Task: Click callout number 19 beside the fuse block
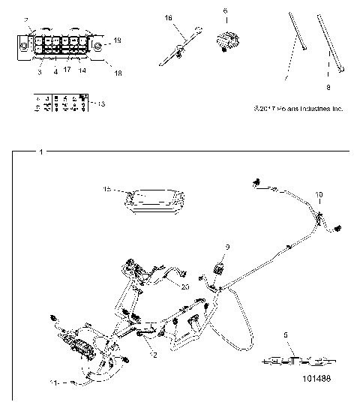117,38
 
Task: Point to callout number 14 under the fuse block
82,69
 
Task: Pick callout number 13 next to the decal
100,103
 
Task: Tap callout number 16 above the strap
168,16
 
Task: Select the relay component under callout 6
226,39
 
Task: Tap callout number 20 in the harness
185,284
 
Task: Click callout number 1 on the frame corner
40,152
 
